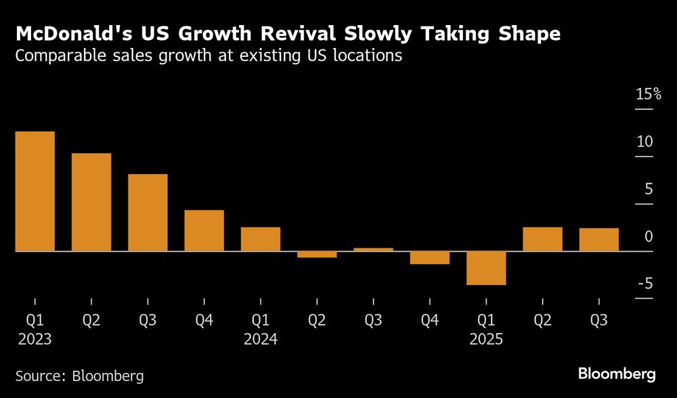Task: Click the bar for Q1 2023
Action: point(35,191)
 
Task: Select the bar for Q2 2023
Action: point(91,202)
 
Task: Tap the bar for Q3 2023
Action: point(148,213)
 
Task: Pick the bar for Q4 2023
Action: point(204,230)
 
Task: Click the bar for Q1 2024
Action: point(261,239)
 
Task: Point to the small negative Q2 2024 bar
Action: point(317,255)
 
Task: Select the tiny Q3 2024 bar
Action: point(373,249)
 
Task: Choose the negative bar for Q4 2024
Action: point(430,258)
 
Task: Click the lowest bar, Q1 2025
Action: point(486,268)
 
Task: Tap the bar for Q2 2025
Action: point(542,239)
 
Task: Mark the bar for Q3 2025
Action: point(599,240)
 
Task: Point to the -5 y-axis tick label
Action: point(645,284)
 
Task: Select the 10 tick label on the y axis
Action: point(645,142)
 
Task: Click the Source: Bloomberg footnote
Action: point(80,375)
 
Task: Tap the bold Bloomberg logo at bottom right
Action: point(617,374)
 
